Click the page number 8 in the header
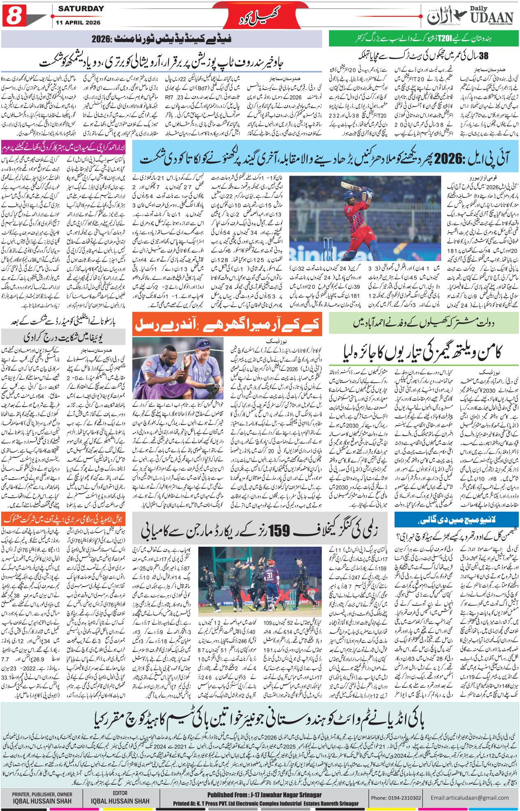tap(14, 15)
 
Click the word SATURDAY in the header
tap(81, 9)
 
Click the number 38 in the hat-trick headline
tap(484, 55)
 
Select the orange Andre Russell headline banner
tap(228, 325)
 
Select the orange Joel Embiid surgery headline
tap(62, 519)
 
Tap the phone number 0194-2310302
tap(396, 797)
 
